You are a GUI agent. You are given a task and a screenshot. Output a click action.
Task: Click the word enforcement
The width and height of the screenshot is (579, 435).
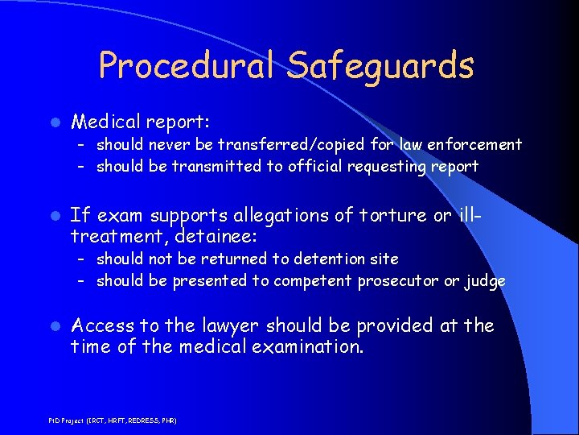tap(475, 145)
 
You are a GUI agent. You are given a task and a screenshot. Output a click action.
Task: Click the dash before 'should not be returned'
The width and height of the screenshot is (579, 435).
tap(82, 259)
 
